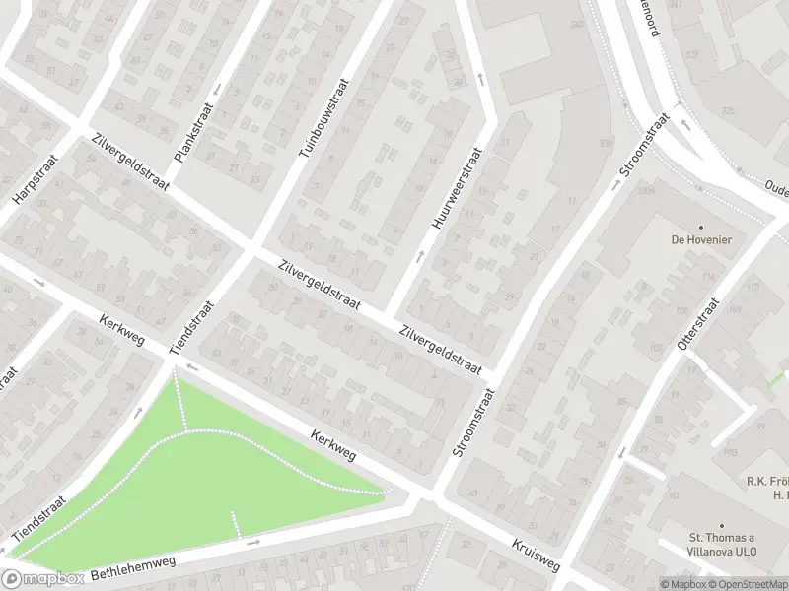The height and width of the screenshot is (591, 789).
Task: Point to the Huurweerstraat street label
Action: pyautogui.click(x=456, y=189)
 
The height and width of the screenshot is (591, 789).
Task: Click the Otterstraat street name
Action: pyautogui.click(x=693, y=324)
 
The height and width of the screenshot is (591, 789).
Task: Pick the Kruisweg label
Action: pyautogui.click(x=536, y=557)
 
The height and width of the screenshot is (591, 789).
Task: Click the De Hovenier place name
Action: pyautogui.click(x=701, y=239)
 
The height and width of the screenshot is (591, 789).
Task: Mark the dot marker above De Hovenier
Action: pyautogui.click(x=701, y=226)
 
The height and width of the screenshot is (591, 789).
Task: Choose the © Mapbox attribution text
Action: pyautogui.click(x=681, y=583)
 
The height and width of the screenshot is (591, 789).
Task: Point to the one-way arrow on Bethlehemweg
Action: pyautogui.click(x=254, y=542)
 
